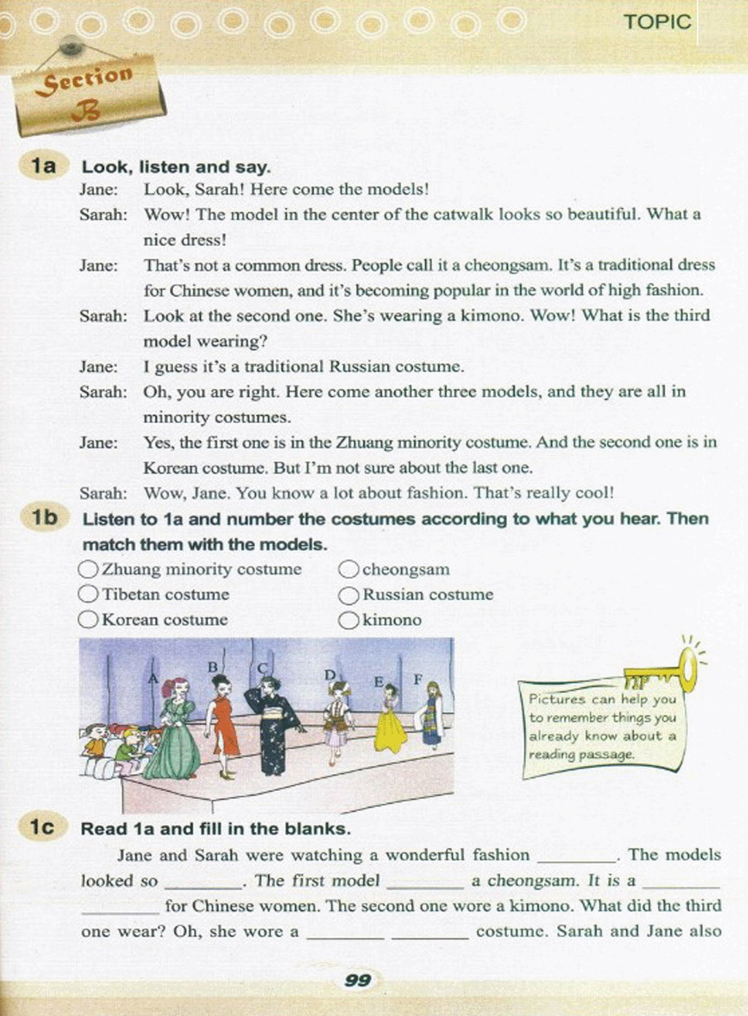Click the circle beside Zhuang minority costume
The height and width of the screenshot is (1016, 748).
[x=88, y=569]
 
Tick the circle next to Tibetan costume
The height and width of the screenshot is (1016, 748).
[x=88, y=594]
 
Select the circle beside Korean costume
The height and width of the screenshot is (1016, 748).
[x=88, y=619]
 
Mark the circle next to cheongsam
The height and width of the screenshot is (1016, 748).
[x=349, y=569]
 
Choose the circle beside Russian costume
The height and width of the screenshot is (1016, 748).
[x=349, y=595]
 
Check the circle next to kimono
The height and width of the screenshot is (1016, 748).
[x=349, y=620]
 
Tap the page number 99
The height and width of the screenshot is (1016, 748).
[x=357, y=980]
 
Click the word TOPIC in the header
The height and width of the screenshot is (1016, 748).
[x=657, y=22]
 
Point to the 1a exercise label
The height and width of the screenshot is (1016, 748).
[x=43, y=166]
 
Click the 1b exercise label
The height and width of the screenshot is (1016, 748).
[x=43, y=518]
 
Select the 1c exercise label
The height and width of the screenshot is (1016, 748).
[x=42, y=827]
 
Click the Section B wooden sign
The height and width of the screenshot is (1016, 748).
[x=88, y=95]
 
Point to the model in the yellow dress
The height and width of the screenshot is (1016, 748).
[x=391, y=720]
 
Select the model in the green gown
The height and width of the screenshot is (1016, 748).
[x=175, y=731]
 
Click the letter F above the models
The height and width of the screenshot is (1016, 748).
[x=418, y=679]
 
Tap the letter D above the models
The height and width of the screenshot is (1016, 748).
[x=330, y=675]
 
